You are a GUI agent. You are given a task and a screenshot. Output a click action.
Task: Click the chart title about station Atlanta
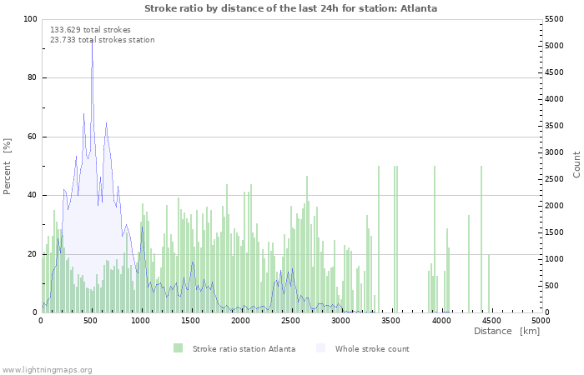click(290, 8)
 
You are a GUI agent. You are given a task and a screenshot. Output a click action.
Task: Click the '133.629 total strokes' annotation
click(90, 30)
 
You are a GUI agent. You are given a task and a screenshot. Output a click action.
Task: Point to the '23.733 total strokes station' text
click(103, 40)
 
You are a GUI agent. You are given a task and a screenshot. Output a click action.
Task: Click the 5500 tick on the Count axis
click(554, 19)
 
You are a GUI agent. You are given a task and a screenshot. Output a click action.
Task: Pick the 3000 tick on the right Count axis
click(554, 152)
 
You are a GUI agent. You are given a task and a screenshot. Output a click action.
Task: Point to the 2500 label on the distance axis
click(290, 320)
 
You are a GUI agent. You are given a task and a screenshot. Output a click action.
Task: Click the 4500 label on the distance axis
click(491, 320)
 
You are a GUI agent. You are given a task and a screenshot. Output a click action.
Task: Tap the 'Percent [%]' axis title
click(7, 167)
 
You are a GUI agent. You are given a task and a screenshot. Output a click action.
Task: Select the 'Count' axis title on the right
click(576, 164)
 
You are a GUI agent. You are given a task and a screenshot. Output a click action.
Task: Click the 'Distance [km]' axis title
click(506, 331)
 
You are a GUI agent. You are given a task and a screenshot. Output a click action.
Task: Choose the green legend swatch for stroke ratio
click(178, 348)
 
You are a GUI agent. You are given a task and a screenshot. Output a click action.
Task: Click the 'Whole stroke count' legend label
click(372, 349)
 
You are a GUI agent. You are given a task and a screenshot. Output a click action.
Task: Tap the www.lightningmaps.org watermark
click(46, 370)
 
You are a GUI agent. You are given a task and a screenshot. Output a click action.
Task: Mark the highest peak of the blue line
click(92, 38)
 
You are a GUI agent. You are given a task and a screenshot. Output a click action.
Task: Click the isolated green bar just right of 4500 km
click(489, 283)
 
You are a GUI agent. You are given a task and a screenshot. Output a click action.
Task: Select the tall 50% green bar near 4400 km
click(481, 239)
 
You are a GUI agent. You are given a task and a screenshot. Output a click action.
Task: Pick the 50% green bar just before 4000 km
click(435, 239)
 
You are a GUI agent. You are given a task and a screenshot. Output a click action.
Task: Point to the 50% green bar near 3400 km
click(379, 239)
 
